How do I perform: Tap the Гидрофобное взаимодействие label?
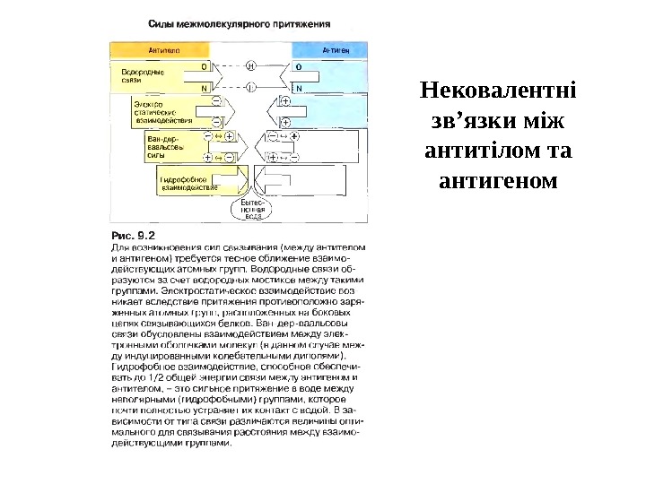click(x=188, y=184)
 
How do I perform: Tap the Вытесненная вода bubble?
click(x=254, y=210)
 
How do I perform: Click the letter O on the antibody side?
click(x=205, y=66)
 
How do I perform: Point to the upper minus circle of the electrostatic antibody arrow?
click(x=216, y=100)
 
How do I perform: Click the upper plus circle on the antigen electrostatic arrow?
click(x=285, y=100)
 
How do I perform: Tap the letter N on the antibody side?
click(x=205, y=88)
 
